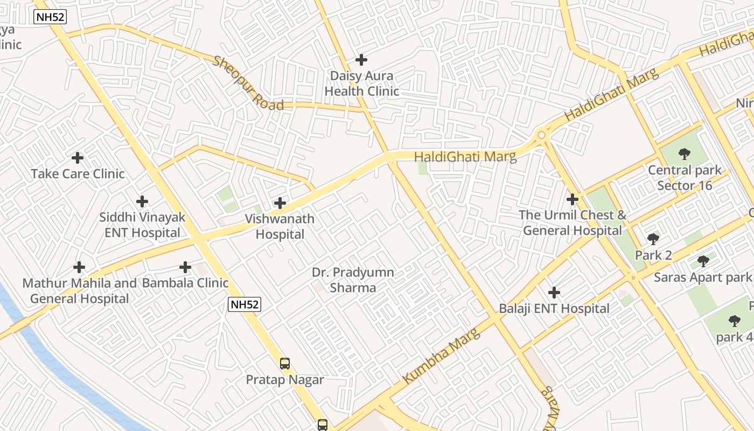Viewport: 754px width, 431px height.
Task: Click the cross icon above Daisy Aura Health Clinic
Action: click(361, 60)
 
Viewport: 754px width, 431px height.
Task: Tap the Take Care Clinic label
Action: click(78, 174)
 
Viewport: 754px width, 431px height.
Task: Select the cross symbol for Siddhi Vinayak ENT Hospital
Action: click(142, 201)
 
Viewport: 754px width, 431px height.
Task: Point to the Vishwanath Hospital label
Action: click(280, 227)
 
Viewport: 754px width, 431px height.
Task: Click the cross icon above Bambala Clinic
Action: click(185, 267)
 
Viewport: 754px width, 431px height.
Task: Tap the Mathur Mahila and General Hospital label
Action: click(80, 291)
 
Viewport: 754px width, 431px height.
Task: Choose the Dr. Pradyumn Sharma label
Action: click(353, 280)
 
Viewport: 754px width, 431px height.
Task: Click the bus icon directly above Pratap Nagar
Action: click(285, 364)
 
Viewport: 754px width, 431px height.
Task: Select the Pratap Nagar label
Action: click(285, 380)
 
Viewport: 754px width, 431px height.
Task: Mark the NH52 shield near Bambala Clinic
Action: click(245, 304)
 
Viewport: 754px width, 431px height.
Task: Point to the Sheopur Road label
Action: click(248, 83)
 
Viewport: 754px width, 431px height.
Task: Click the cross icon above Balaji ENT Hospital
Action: click(554, 293)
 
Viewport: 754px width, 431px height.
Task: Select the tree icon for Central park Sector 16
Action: click(685, 155)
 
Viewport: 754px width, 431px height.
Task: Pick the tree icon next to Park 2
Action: click(653, 239)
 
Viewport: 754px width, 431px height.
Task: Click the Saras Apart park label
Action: click(702, 277)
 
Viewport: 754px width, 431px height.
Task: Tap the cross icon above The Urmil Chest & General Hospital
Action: click(573, 199)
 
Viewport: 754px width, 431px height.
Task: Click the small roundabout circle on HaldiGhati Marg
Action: click(541, 136)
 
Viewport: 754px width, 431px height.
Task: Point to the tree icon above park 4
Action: click(734, 322)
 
